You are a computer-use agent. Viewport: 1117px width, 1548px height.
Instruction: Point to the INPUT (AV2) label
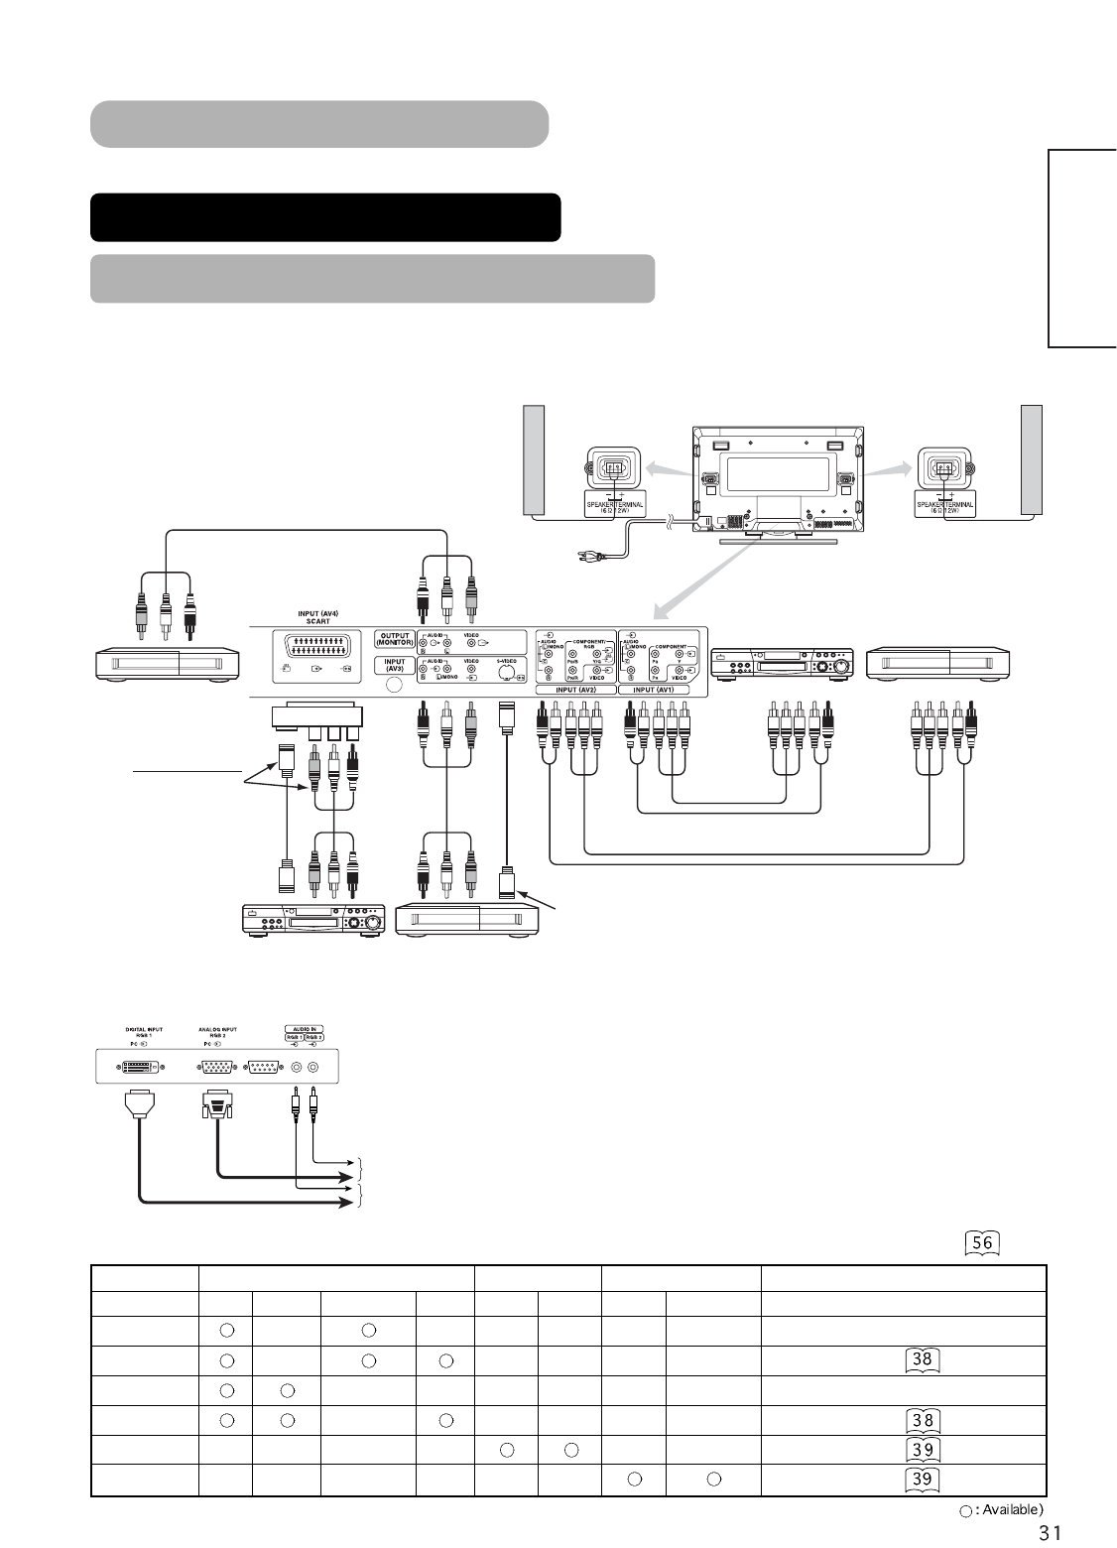tap(574, 689)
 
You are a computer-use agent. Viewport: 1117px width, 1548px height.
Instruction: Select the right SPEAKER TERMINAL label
tap(943, 504)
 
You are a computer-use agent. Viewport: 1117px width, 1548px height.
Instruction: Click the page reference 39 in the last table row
tap(922, 1481)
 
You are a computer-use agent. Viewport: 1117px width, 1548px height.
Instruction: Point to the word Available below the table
tap(1010, 1510)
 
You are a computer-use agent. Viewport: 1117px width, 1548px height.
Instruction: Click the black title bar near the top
tap(325, 217)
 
